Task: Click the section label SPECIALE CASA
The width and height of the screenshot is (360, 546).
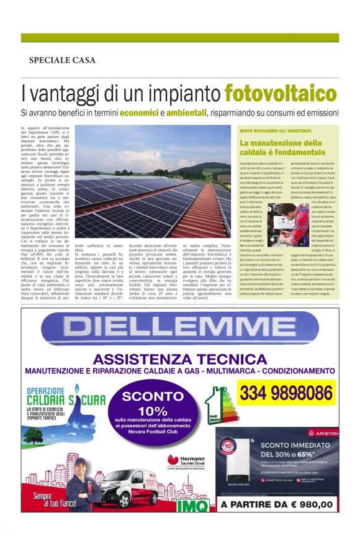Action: point(62,60)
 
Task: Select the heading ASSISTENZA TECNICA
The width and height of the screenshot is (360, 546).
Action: point(180,360)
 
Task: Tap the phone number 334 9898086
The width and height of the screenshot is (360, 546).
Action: point(286,393)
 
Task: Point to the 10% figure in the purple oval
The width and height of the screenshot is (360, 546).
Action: point(153,411)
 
